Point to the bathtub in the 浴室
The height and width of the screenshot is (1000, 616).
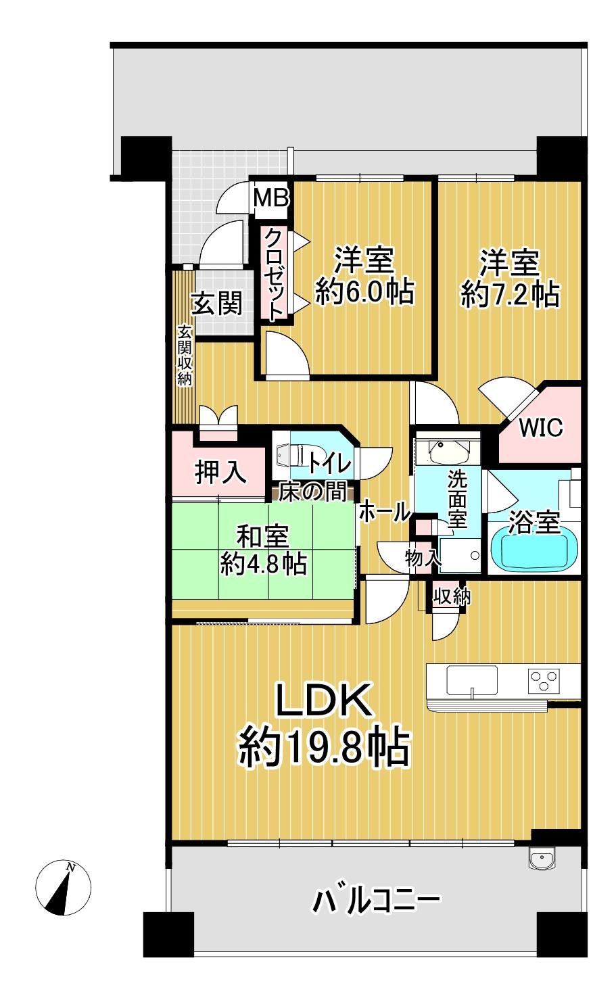click(535, 548)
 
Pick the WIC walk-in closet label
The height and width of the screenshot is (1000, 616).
click(541, 428)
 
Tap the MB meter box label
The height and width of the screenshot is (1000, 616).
click(272, 197)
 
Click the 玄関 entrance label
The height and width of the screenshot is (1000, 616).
click(216, 304)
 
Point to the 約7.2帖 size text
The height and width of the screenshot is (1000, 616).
click(510, 295)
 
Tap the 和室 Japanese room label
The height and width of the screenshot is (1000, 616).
click(262, 537)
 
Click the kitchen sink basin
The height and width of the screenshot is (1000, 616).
click(472, 678)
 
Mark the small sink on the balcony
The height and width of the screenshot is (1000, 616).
click(542, 859)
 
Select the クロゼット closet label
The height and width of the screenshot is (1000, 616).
click(275, 274)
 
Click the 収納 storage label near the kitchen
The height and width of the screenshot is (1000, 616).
click(452, 596)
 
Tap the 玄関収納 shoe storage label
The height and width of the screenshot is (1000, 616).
click(185, 354)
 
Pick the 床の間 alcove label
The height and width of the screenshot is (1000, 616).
click(313, 492)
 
